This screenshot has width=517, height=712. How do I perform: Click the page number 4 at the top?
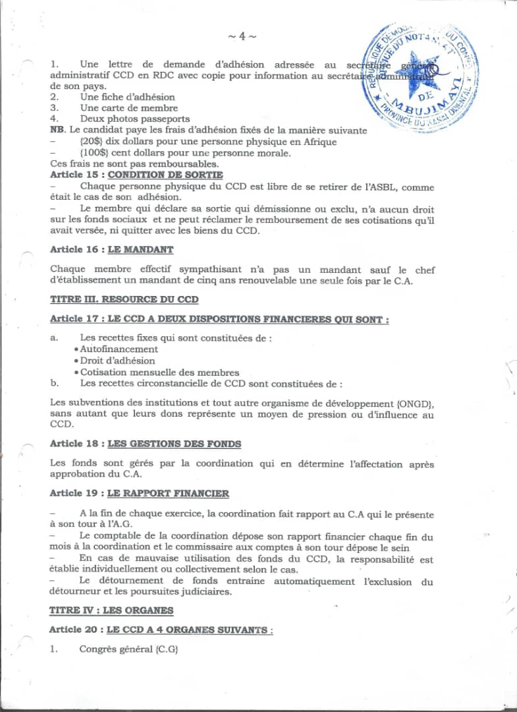pos(242,37)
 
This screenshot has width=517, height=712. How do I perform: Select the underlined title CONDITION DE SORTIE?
pos(165,175)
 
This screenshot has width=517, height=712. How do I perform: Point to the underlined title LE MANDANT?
pos(140,250)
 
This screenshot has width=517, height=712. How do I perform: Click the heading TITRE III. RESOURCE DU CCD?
pos(124,299)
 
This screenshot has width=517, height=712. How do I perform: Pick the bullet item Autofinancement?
pos(119,349)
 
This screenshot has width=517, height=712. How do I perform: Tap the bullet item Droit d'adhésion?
pos(117,361)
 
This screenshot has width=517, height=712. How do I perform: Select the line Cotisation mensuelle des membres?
pos(159,372)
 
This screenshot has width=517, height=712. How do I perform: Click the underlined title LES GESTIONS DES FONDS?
pos(174,444)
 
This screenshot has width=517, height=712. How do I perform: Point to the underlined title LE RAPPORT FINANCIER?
pos(168,493)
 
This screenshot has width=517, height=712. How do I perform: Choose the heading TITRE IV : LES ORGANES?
pos(111,610)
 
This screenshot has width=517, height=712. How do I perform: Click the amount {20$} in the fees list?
pos(91,142)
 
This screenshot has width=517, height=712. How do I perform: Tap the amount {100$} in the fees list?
pos(94,153)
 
